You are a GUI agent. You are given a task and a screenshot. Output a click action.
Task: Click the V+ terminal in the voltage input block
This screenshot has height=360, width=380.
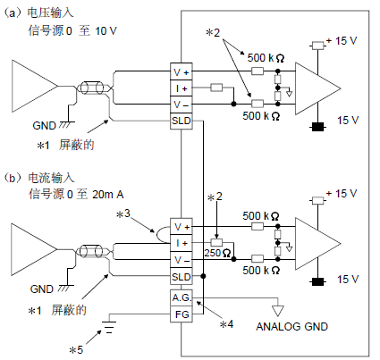click(x=182, y=71)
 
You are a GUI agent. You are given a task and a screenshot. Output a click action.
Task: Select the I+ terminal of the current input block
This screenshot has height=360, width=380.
click(x=182, y=243)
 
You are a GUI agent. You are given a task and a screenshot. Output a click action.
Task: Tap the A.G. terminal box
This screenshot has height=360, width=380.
click(x=182, y=297)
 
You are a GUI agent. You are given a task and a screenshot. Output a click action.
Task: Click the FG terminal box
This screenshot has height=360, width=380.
click(x=182, y=314)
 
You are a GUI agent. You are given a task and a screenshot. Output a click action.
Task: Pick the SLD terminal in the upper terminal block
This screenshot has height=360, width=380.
click(x=182, y=121)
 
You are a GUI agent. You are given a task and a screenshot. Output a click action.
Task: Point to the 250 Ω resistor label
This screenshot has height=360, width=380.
click(x=217, y=253)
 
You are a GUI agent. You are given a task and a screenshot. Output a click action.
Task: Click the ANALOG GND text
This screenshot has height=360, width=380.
click(x=291, y=327)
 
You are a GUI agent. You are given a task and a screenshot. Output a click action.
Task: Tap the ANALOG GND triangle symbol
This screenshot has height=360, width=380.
click(x=278, y=311)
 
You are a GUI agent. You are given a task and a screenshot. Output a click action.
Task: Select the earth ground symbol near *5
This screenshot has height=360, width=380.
click(x=109, y=327)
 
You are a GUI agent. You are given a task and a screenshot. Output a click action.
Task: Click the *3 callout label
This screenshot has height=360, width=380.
click(x=123, y=213)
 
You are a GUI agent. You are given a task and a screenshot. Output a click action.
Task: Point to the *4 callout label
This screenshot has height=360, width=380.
click(x=226, y=324)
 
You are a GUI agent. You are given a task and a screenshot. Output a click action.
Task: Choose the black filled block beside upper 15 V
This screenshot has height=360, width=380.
click(x=317, y=127)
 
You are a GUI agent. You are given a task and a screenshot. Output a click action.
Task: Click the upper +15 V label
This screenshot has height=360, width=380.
click(x=342, y=41)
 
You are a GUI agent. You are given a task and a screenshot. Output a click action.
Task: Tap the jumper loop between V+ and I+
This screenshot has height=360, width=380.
click(x=156, y=235)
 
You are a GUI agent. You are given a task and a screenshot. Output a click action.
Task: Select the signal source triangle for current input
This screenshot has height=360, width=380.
click(x=34, y=249)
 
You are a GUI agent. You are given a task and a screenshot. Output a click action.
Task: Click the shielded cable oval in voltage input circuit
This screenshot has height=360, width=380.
click(x=90, y=88)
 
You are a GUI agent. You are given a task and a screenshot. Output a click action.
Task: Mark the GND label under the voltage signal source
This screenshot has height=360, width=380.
click(x=44, y=125)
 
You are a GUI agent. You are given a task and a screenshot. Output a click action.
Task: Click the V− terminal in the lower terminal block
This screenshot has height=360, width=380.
click(x=182, y=260)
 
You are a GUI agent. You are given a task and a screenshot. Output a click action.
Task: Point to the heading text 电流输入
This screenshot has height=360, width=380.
click(x=51, y=178)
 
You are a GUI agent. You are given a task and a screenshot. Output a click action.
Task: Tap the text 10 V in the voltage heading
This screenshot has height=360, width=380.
click(x=106, y=30)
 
